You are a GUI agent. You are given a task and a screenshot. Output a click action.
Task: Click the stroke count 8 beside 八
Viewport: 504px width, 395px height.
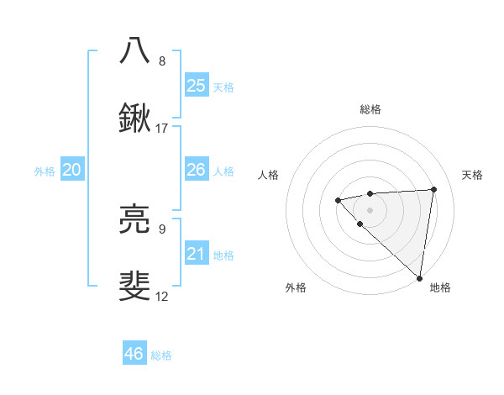(x=162, y=61)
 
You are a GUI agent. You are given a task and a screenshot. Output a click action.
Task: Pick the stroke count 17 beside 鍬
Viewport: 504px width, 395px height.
(x=162, y=129)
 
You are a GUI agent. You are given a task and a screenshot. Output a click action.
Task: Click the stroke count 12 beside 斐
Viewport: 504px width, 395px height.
(x=162, y=297)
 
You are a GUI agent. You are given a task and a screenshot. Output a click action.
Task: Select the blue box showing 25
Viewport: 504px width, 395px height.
(x=197, y=86)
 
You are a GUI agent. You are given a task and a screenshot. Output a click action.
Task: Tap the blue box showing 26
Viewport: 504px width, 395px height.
(x=197, y=170)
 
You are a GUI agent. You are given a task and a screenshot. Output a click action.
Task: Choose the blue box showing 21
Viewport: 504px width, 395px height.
(x=197, y=254)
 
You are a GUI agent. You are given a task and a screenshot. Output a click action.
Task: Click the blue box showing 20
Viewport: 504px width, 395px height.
(x=72, y=170)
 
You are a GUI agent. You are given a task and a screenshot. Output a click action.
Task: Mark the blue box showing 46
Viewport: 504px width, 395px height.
(x=134, y=354)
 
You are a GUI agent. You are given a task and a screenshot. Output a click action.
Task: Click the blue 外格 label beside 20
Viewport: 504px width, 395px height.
(x=45, y=171)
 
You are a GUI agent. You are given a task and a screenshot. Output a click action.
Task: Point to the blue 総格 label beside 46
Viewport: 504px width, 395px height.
(x=161, y=355)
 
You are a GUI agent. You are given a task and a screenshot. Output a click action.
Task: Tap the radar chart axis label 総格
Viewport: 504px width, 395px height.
(x=370, y=109)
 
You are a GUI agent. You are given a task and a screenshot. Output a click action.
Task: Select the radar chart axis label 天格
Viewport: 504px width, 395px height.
(x=472, y=175)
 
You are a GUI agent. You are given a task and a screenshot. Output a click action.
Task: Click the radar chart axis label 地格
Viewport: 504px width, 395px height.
(x=440, y=287)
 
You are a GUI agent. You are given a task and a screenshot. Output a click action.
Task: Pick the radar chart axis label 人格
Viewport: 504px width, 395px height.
(x=269, y=175)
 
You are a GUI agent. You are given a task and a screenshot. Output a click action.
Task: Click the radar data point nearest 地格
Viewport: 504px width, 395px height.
(x=419, y=277)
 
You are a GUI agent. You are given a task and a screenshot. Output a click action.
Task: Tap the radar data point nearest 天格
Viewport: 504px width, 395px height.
(x=433, y=189)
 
